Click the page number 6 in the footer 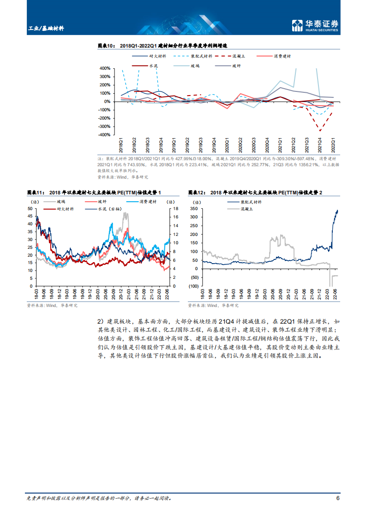click(x=338, y=498)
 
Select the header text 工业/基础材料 click(x=46, y=28)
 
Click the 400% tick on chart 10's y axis click(x=105, y=68)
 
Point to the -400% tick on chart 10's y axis click(x=104, y=135)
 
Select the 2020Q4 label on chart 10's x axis click(x=267, y=145)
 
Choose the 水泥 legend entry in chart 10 click(x=153, y=66)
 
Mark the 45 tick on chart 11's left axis click(x=30, y=216)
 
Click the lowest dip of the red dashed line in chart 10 click(x=320, y=131)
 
